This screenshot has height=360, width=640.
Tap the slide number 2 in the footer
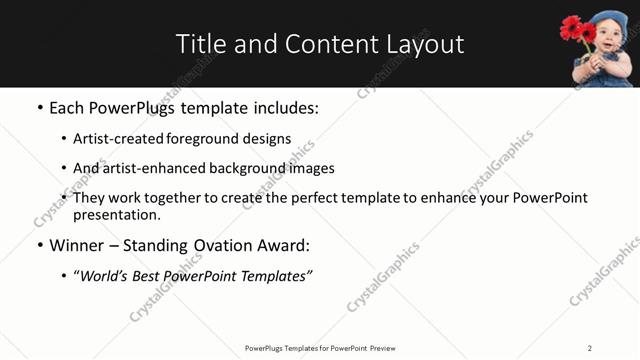[590, 348]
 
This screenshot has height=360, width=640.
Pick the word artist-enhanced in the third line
[155, 168]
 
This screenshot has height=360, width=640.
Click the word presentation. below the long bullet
[117, 214]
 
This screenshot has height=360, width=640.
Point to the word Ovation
[228, 245]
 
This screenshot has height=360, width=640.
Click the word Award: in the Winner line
[288, 245]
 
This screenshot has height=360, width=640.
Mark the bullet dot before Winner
[40, 245]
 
